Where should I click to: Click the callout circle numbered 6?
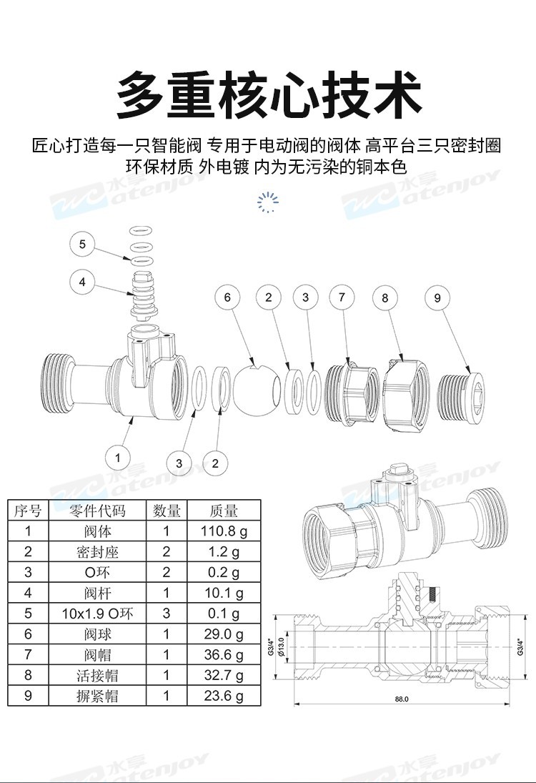[228, 297]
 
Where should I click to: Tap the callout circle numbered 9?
[438, 298]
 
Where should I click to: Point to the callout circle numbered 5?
[82, 245]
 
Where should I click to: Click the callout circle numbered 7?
[342, 297]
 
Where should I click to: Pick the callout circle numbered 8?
[385, 297]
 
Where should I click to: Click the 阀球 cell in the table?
[97, 634]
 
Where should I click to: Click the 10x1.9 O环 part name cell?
[97, 614]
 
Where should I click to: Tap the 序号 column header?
[29, 511]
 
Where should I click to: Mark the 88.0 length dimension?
[401, 699]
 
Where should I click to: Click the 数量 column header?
[167, 511]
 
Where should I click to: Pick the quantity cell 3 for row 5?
[167, 614]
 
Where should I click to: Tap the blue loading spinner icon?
[268, 202]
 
